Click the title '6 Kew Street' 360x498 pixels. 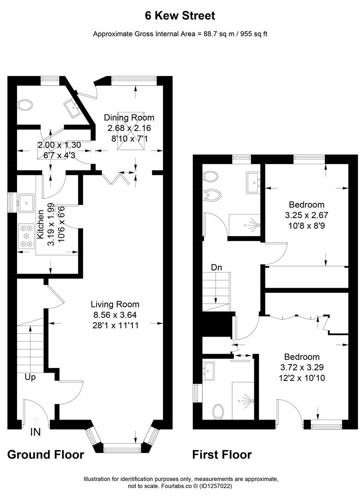click(x=180, y=16)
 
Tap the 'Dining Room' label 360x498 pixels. click(x=129, y=118)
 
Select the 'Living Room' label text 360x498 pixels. click(x=115, y=304)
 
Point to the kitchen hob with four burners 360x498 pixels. click(x=27, y=236)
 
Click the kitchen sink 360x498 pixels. click(x=26, y=202)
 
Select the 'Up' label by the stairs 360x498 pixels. click(x=31, y=377)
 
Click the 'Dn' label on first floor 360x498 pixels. click(x=217, y=267)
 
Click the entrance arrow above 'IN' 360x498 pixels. click(x=36, y=421)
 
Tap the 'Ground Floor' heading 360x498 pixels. click(x=46, y=455)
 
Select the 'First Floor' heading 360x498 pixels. click(x=222, y=455)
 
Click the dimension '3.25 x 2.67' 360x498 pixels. click(x=306, y=215)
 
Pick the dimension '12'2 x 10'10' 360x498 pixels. click(x=302, y=378)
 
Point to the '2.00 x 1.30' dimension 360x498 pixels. click(x=59, y=145)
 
